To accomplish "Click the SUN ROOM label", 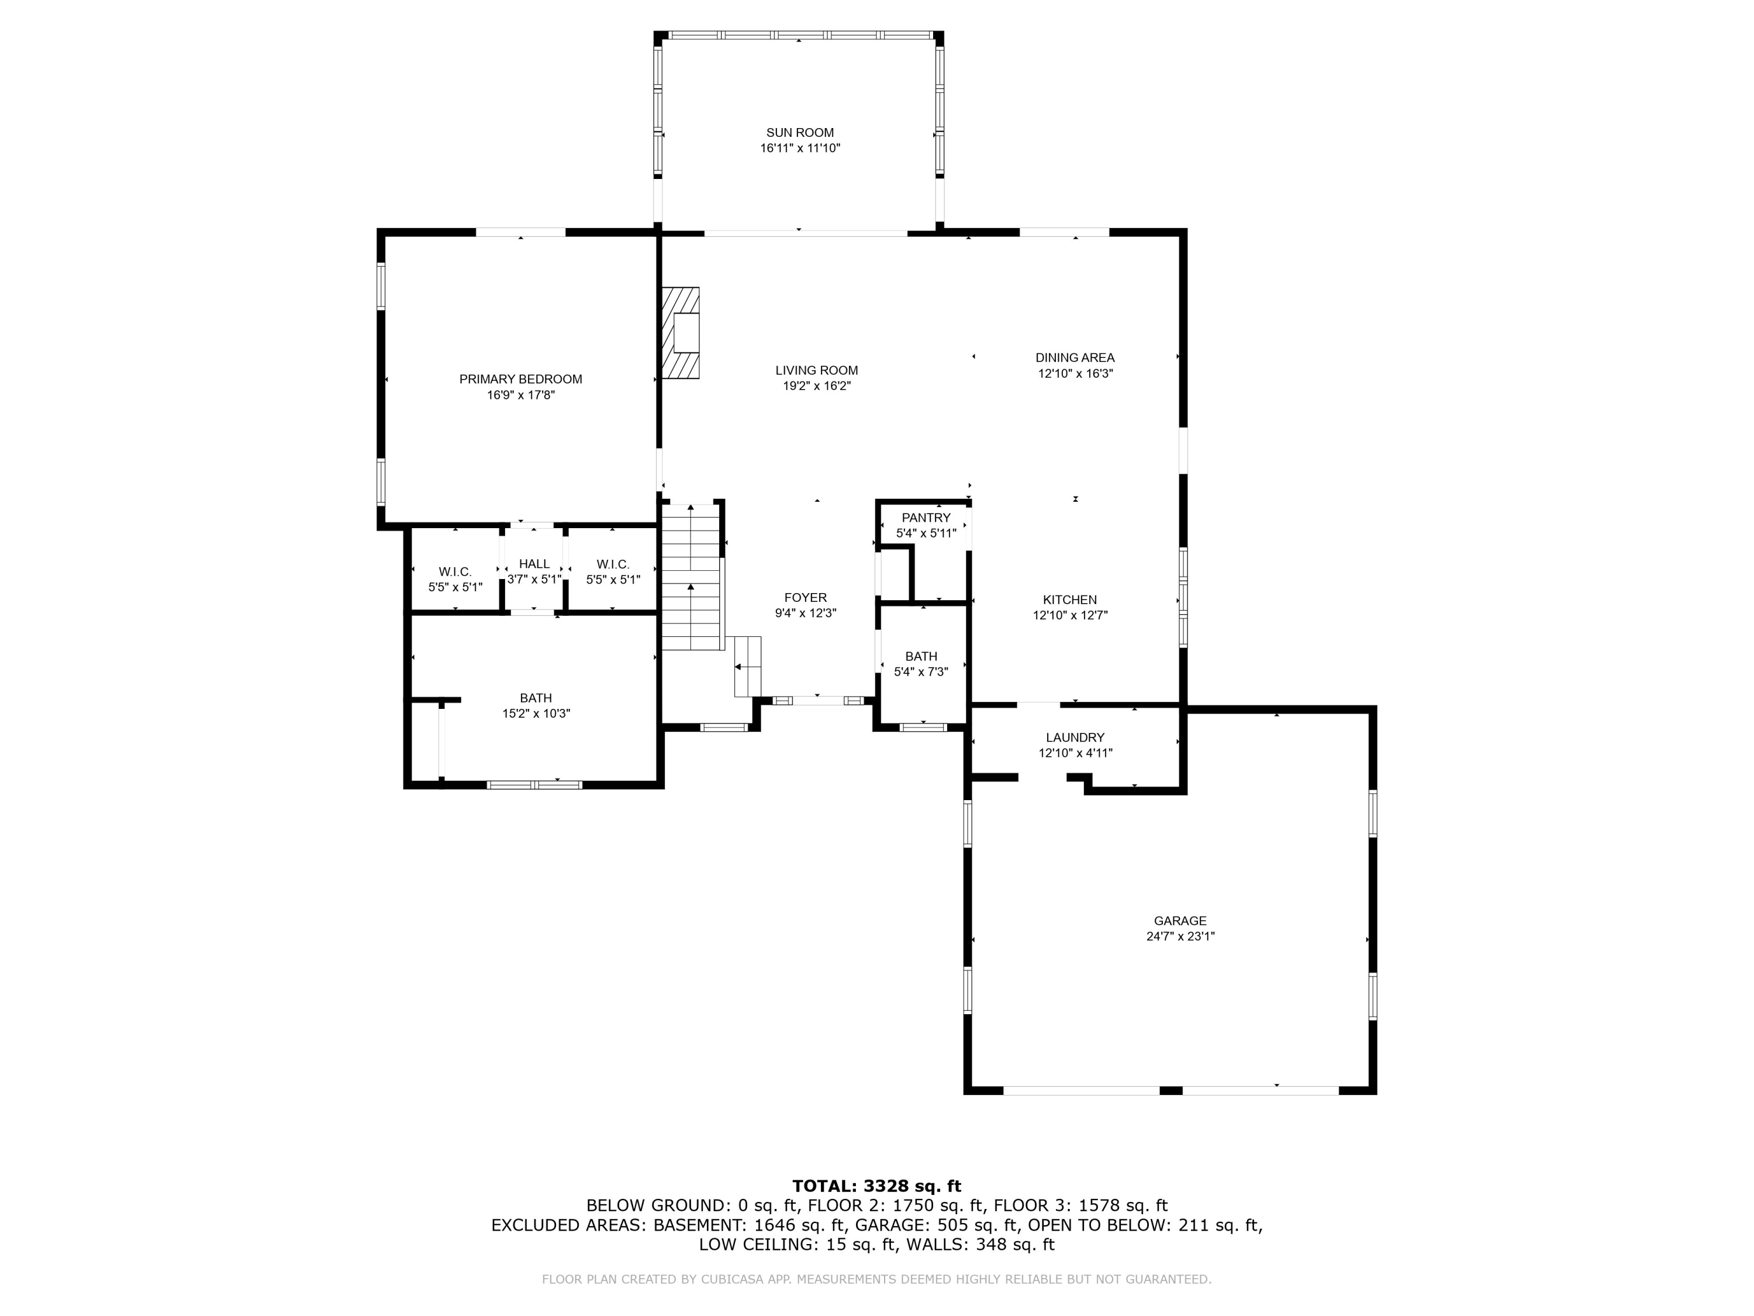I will (799, 132).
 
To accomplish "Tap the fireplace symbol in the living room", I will (681, 332).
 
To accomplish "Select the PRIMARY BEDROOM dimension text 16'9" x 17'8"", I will (520, 395).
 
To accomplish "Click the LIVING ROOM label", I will (816, 370).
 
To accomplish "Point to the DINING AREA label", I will (1075, 358).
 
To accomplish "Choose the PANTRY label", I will (926, 518).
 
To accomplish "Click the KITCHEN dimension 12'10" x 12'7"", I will (1070, 615).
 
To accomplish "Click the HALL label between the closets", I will (534, 564).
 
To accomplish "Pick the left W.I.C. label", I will (455, 572).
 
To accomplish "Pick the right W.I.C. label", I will (613, 564).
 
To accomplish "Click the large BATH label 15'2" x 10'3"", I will (536, 698).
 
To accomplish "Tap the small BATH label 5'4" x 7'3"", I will (921, 656).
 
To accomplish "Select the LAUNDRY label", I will (1075, 738).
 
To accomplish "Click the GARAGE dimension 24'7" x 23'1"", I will (1180, 936).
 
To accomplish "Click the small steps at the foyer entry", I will (747, 666).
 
